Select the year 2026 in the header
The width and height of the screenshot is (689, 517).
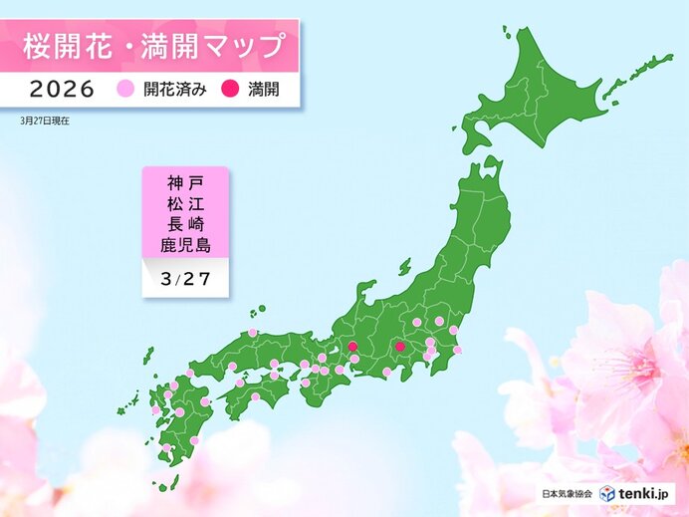pyautogui.click(x=62, y=89)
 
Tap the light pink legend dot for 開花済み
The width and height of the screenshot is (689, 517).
pyautogui.click(x=125, y=89)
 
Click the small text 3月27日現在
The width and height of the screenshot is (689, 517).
pyautogui.click(x=44, y=120)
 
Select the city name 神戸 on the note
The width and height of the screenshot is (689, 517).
pyautogui.click(x=186, y=183)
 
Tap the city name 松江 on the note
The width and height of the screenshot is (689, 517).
pyautogui.click(x=186, y=203)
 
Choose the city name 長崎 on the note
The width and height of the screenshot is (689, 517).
pyautogui.click(x=186, y=223)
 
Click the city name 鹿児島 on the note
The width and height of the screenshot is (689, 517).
pyautogui.click(x=186, y=244)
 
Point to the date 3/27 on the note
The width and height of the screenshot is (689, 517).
pyautogui.click(x=185, y=279)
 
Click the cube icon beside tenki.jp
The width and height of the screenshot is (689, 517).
pyautogui.click(x=608, y=493)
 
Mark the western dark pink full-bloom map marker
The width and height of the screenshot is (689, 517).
pyautogui.click(x=351, y=348)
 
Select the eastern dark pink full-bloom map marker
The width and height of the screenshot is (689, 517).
pyautogui.click(x=399, y=347)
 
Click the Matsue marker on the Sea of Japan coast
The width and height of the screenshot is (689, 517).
pyautogui.click(x=253, y=333)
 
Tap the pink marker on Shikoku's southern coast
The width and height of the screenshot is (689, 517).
pyautogui.click(x=255, y=397)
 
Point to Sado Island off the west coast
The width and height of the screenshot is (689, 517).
pyautogui.click(x=404, y=267)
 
